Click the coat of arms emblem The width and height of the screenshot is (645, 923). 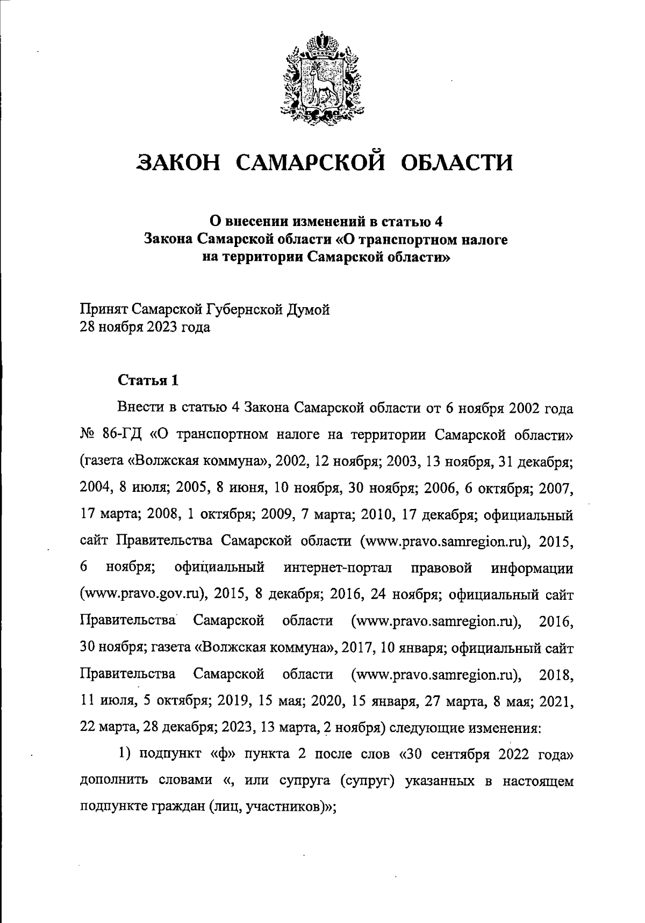pos(321,77)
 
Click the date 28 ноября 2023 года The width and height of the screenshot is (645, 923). pos(145,327)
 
